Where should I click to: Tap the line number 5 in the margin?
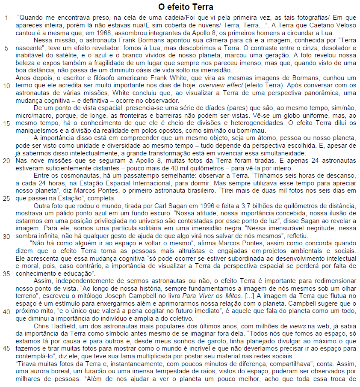click(6, 48)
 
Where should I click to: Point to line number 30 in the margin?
click(6, 236)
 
